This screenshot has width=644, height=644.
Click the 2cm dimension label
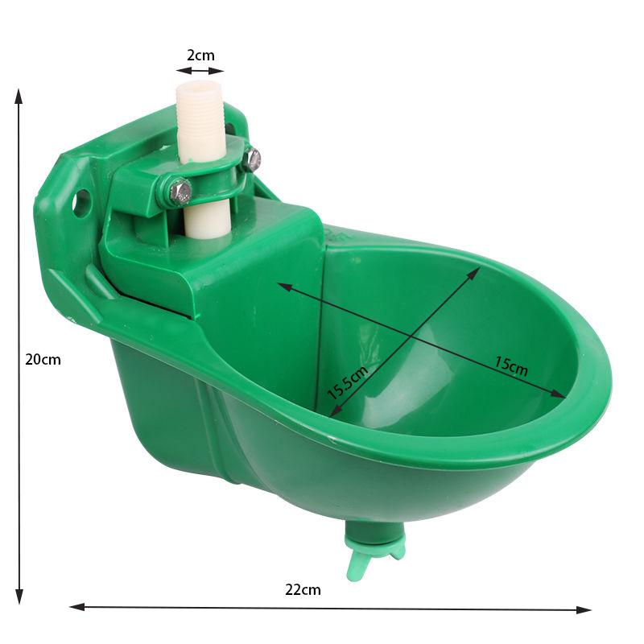coord(200,56)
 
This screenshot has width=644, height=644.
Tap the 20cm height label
coord(43,360)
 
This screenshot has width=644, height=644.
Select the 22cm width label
coord(303,589)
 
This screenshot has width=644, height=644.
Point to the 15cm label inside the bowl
coord(510,367)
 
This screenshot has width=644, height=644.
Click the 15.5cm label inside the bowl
coord(348,382)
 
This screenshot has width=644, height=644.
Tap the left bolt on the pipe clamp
coord(181,191)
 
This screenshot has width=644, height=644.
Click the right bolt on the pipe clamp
coord(253,159)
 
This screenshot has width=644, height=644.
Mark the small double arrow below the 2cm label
coord(200,71)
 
